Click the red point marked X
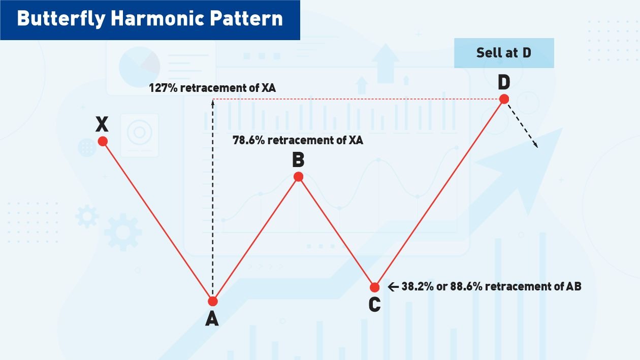click(x=103, y=141)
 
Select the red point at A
click(x=213, y=301)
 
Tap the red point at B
click(x=299, y=177)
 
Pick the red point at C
click(x=375, y=287)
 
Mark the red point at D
click(x=504, y=99)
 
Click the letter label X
click(x=102, y=123)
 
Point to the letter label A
click(x=212, y=318)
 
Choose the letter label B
click(x=298, y=160)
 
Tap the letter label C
click(x=374, y=305)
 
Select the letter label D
click(x=504, y=82)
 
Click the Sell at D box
click(x=504, y=53)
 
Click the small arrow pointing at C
click(x=393, y=287)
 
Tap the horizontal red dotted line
click(x=356, y=99)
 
